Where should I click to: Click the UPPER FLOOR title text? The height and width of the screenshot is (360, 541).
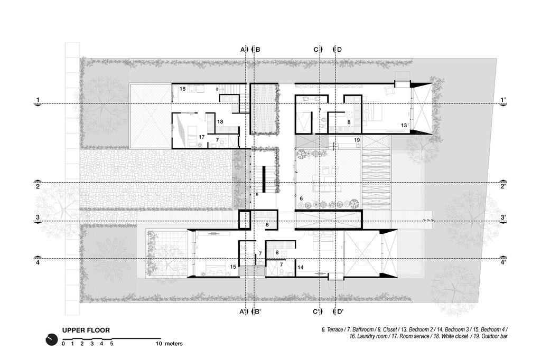(86, 330)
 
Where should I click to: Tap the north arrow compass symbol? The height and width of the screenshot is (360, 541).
(51, 339)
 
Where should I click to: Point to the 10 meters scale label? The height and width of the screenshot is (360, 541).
(169, 344)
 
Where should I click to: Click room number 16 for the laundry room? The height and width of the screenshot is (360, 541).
(182, 89)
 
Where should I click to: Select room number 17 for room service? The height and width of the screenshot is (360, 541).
(201, 137)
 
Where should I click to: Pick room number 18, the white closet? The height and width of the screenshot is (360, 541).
(220, 121)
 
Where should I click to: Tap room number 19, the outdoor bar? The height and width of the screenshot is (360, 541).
(357, 140)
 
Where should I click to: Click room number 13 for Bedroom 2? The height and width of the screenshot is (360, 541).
(404, 125)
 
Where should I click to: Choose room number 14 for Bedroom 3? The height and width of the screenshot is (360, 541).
(300, 267)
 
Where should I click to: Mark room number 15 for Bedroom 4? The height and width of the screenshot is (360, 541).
(233, 267)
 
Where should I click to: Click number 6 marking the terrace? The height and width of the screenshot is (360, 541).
(301, 198)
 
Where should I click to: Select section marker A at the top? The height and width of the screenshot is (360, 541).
(242, 50)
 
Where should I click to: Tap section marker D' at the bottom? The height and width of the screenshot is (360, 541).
(340, 312)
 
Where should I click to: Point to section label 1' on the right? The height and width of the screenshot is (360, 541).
(503, 100)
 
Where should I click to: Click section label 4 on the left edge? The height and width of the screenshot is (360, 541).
(38, 262)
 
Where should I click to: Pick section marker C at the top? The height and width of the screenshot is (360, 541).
(316, 50)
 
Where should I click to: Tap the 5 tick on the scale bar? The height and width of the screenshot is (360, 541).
(111, 344)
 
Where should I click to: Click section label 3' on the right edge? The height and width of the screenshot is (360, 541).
(503, 217)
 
